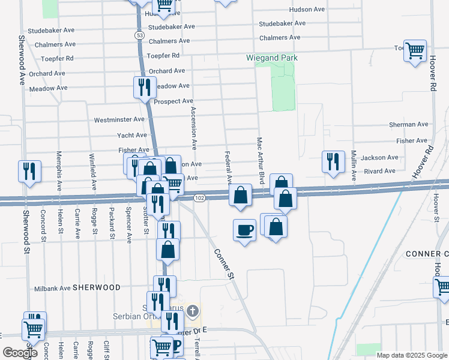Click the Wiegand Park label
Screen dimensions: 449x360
(x=272, y=58)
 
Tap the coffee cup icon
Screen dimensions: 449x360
(x=244, y=230)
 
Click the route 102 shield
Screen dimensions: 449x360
(x=200, y=198)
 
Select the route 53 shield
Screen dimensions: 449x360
(x=139, y=36)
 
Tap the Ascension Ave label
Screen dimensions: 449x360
(x=193, y=128)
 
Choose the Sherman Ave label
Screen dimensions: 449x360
(x=409, y=124)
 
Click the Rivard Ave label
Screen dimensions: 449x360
(x=379, y=171)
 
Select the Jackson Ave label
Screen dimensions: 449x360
(x=380, y=158)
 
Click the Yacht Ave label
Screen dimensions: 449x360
(x=132, y=136)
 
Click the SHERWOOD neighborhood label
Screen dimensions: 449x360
(x=97, y=288)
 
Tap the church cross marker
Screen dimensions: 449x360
(x=192, y=311)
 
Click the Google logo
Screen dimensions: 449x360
(x=20, y=353)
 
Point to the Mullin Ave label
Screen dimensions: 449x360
(x=354, y=162)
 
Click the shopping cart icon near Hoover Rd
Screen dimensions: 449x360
(x=415, y=51)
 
